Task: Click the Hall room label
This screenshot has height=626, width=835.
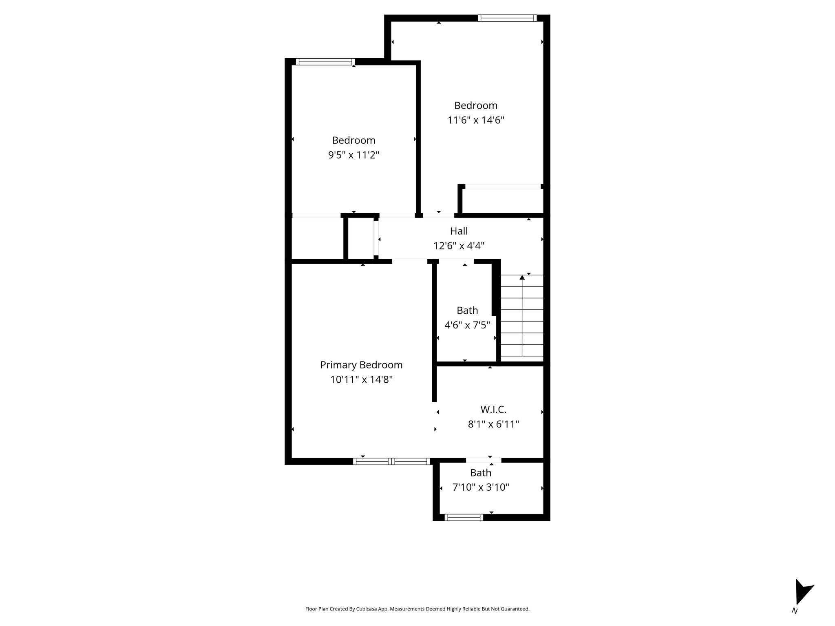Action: click(x=459, y=231)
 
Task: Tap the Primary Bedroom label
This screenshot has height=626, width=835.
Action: click(x=361, y=365)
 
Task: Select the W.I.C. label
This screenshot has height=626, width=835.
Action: click(x=493, y=410)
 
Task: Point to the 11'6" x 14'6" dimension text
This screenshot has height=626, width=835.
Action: click(x=476, y=120)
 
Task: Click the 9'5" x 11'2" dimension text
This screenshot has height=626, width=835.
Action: click(x=353, y=155)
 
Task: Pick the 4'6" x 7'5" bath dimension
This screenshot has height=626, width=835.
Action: click(x=467, y=325)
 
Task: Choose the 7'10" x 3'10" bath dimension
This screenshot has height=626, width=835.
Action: click(x=481, y=487)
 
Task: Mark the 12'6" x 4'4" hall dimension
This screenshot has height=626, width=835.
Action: click(x=459, y=246)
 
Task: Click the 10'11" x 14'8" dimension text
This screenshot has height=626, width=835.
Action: click(x=361, y=379)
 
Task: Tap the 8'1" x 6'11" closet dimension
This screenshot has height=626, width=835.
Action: click(x=493, y=424)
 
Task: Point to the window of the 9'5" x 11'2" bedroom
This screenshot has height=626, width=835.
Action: click(x=325, y=62)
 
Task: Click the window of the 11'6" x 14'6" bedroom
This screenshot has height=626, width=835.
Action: click(x=507, y=18)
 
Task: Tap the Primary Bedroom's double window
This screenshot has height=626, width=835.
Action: click(x=391, y=461)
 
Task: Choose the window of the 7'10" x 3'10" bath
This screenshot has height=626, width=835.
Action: click(x=464, y=518)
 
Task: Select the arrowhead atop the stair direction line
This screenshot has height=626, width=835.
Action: click(x=522, y=278)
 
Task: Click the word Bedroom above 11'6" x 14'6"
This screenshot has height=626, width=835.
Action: click(x=476, y=106)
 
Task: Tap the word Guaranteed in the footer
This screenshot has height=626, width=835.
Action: click(x=517, y=609)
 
